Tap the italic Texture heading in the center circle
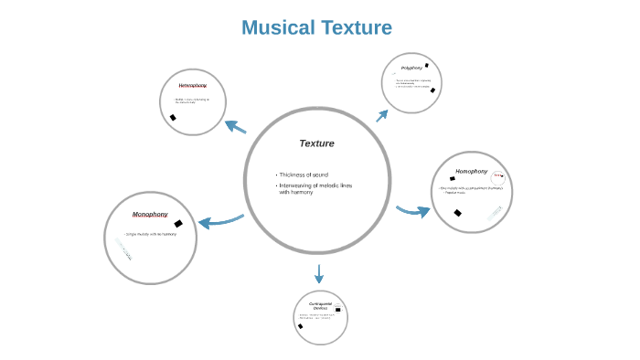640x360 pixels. [x=316, y=143]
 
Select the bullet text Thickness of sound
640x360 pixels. [x=304, y=175]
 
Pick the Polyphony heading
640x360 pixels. [x=411, y=68]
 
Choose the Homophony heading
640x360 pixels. [x=471, y=171]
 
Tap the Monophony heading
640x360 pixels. [x=150, y=215]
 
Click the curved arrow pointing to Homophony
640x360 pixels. [x=413, y=211]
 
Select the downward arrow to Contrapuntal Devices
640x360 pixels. [x=319, y=273]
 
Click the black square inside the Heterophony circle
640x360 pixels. [x=173, y=117]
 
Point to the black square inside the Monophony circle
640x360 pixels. [x=178, y=223]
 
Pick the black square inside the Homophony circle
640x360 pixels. [x=457, y=213]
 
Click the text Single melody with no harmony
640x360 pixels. [x=150, y=235]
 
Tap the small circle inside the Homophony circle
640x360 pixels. [x=498, y=177]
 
